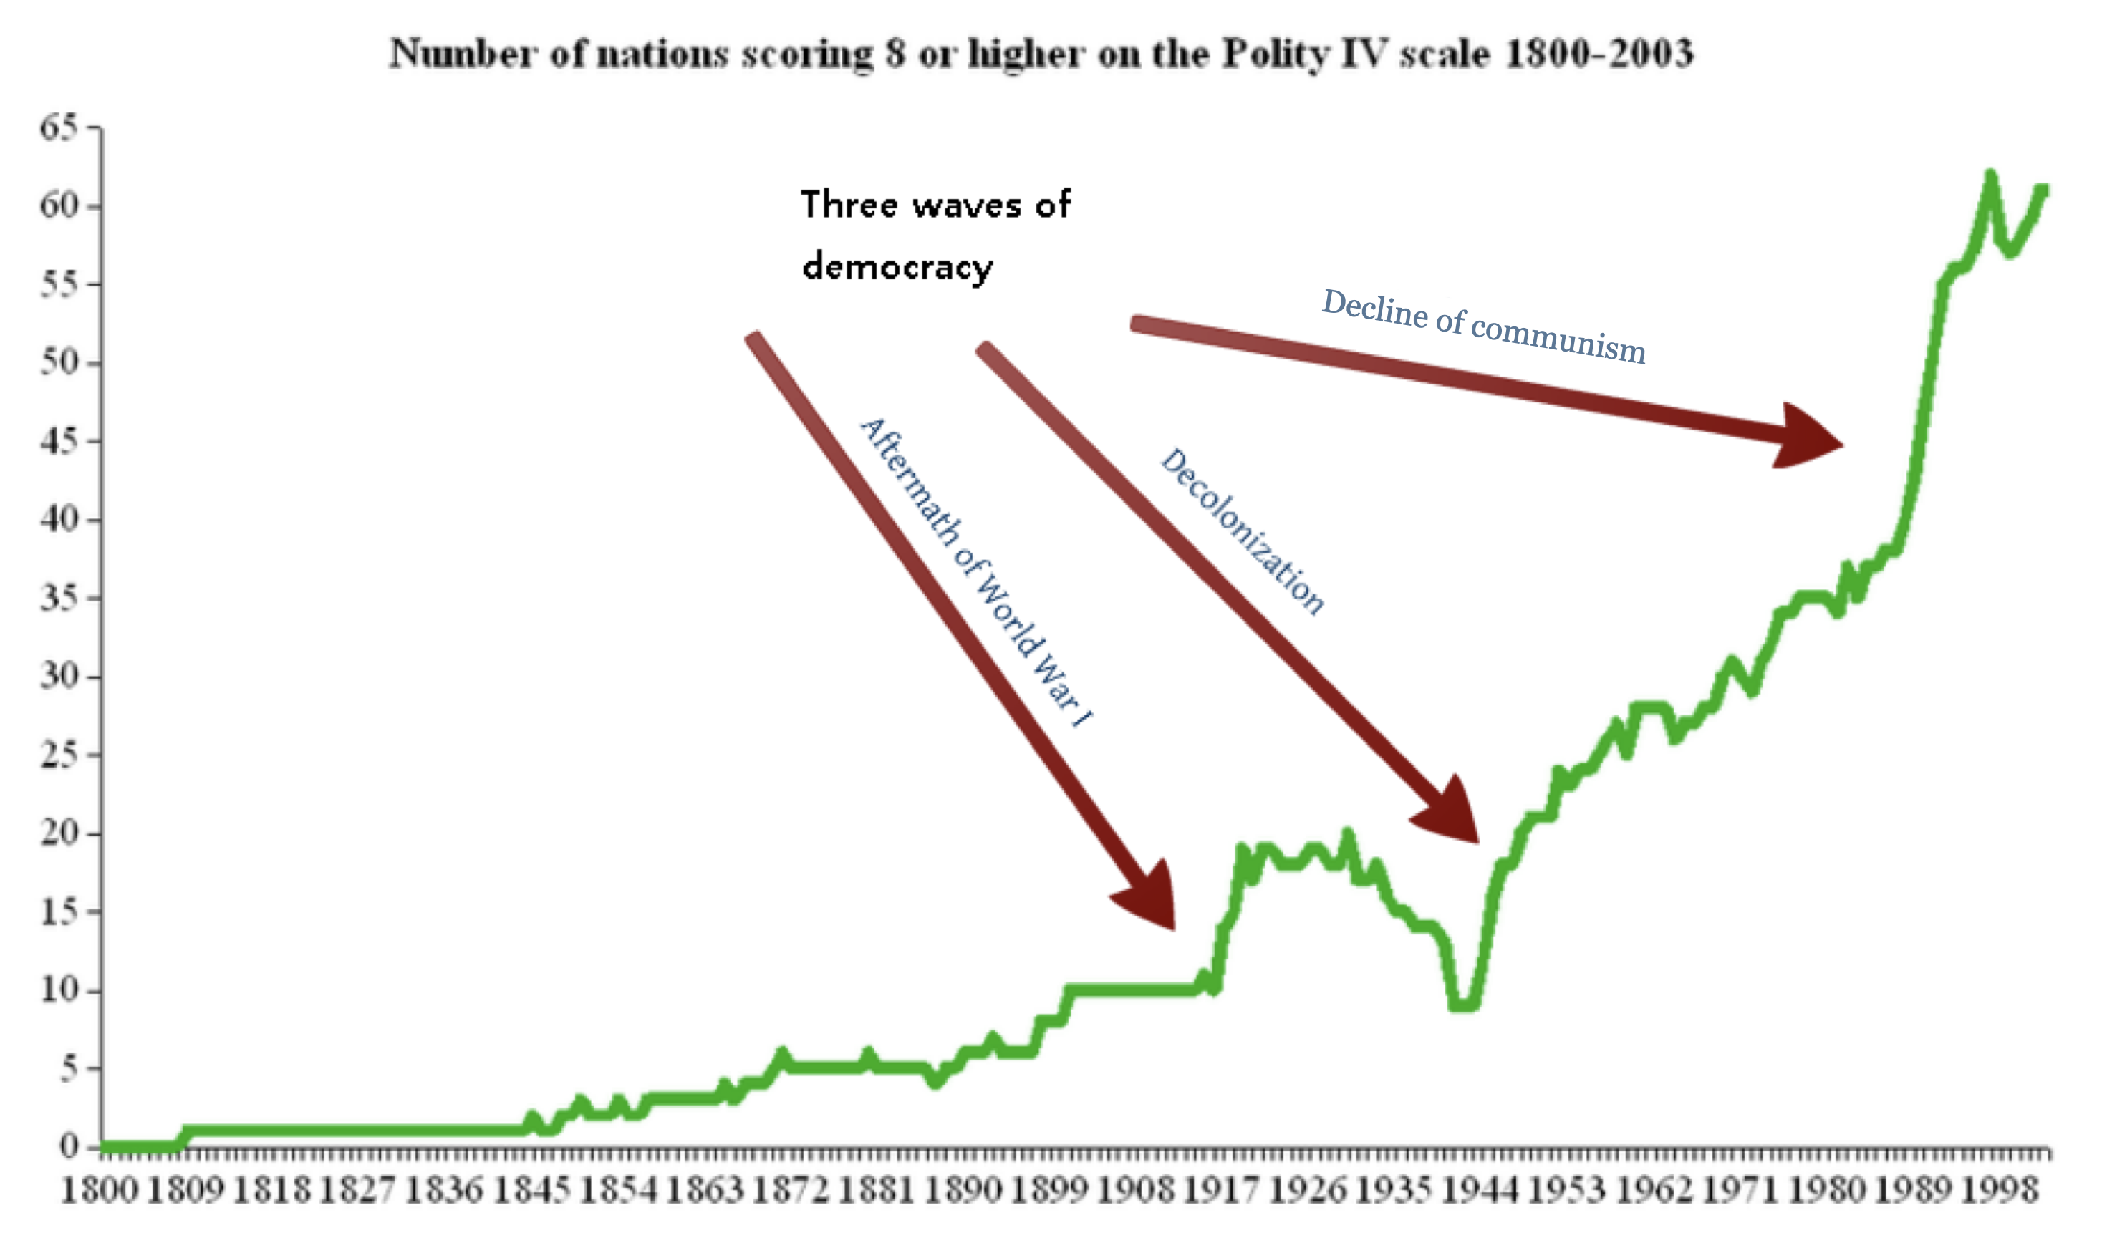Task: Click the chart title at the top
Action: [x=1041, y=54]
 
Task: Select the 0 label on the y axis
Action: [x=69, y=1146]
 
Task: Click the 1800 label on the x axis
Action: [x=100, y=1191]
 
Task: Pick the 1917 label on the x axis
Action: [x=1221, y=1191]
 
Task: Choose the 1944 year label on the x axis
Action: [x=1480, y=1191]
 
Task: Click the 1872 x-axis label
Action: [x=790, y=1191]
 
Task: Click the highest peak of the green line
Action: [x=1990, y=175]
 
